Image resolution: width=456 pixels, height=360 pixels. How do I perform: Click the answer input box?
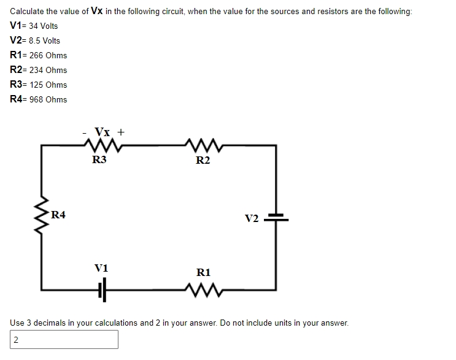click(x=64, y=339)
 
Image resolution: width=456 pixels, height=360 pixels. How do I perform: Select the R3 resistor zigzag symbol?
click(x=98, y=146)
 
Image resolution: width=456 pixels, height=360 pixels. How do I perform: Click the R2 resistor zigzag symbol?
click(x=203, y=146)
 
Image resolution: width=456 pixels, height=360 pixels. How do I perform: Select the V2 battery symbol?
click(x=276, y=217)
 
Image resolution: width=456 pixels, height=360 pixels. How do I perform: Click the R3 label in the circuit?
click(x=99, y=160)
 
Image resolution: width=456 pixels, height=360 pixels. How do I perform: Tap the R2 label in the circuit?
click(x=203, y=161)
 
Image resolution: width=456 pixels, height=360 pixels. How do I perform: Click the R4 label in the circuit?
click(x=59, y=215)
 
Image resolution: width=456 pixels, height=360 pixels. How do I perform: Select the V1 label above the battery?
click(x=101, y=268)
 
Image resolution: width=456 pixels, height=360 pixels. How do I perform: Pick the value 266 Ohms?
click(x=48, y=55)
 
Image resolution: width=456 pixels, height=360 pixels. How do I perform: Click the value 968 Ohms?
click(x=48, y=99)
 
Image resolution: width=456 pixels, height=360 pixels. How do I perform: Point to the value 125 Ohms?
click(x=48, y=85)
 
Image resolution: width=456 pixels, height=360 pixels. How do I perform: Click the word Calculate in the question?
click(x=26, y=12)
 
